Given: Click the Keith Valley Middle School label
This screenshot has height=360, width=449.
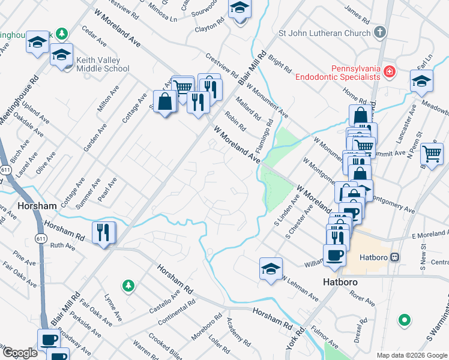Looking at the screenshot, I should point(103,65).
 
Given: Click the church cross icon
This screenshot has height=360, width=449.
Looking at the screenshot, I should point(379,32).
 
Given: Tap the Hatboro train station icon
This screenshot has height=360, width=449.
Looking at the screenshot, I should point(394,257).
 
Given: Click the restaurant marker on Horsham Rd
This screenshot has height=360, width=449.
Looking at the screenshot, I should point(103,233).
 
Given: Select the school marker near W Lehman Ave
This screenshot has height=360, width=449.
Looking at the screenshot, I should point(271,268).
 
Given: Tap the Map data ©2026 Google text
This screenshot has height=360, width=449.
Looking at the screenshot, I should point(411,355).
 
